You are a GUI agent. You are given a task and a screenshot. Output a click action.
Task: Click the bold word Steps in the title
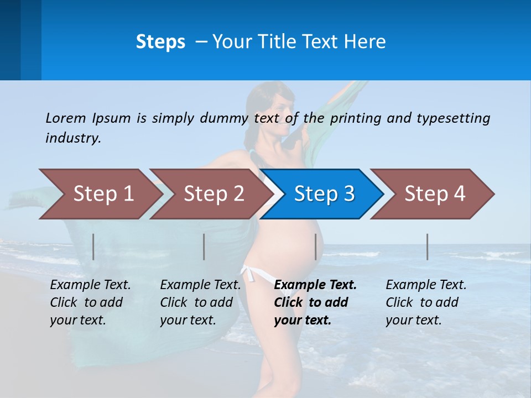pos(160,42)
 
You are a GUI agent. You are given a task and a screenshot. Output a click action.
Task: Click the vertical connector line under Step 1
pos(93,247)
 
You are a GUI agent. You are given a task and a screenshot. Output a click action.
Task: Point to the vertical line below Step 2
pos(204,247)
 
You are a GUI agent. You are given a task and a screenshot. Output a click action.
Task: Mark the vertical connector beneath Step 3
pos(315,247)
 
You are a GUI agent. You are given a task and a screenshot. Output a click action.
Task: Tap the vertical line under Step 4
pos(427,247)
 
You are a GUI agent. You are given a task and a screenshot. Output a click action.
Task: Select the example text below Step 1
pos(90,302)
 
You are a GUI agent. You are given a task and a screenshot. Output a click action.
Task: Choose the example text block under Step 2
pos(200,302)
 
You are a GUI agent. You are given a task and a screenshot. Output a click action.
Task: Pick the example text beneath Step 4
pos(426,302)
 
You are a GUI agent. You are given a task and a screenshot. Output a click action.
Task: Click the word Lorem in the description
pos(65,118)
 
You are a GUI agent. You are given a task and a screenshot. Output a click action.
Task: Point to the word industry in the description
pos(73,138)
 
